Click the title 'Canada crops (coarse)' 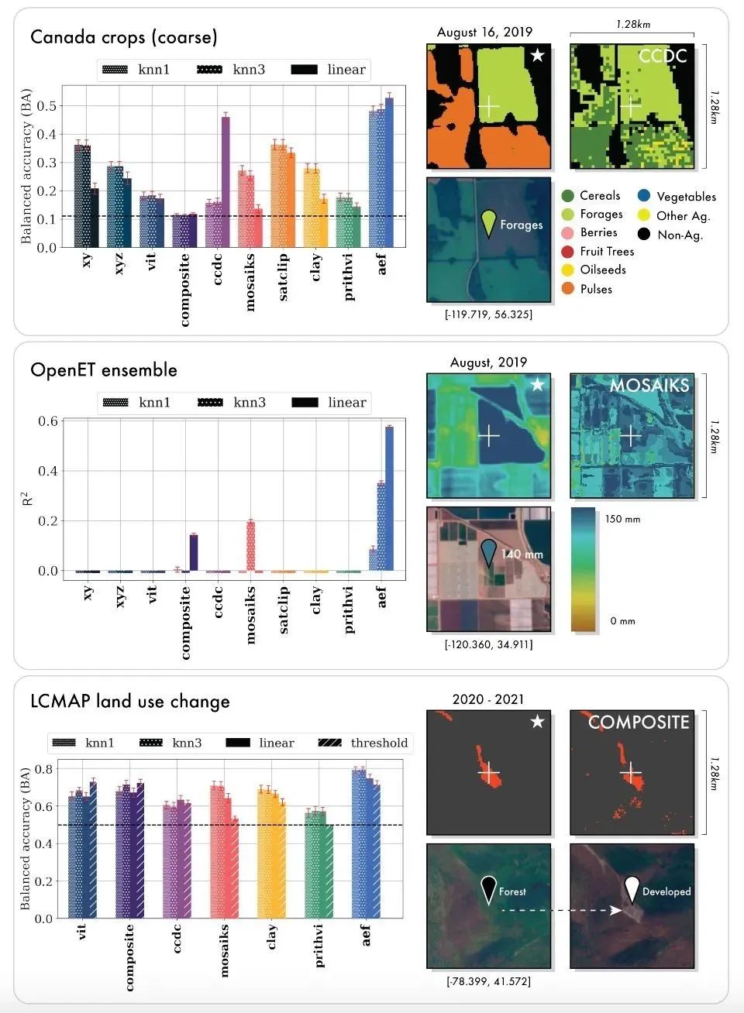pyautogui.click(x=124, y=37)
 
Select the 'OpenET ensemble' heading pyautogui.click(x=104, y=370)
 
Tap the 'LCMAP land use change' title pyautogui.click(x=130, y=702)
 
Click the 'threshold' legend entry pyautogui.click(x=378, y=743)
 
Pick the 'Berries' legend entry pyautogui.click(x=598, y=232)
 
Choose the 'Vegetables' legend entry pyautogui.click(x=686, y=197)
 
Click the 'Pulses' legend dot pyautogui.click(x=568, y=289)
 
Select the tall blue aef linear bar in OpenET pyautogui.click(x=389, y=499)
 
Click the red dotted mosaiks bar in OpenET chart pyautogui.click(x=250, y=546)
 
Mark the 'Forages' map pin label pyautogui.click(x=521, y=225)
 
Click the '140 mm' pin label pyautogui.click(x=522, y=554)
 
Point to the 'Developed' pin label pyautogui.click(x=666, y=891)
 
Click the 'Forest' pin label pyautogui.click(x=512, y=891)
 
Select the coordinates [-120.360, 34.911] pyautogui.click(x=488, y=644)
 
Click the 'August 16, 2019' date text pyautogui.click(x=484, y=33)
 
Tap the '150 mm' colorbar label pyautogui.click(x=622, y=519)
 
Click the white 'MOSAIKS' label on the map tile pyautogui.click(x=649, y=385)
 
